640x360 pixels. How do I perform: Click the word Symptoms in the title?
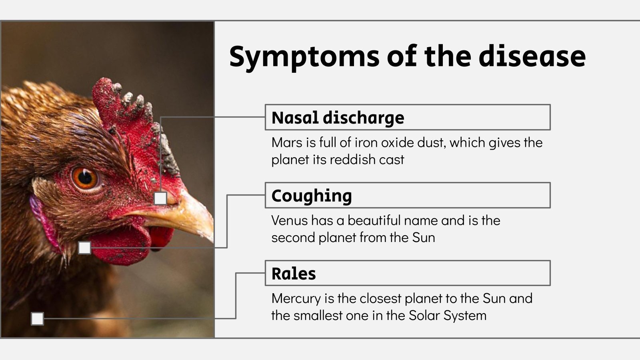(304, 57)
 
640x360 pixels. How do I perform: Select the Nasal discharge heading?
(338, 118)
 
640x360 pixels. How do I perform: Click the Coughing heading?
(312, 196)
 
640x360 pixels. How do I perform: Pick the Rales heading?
(294, 274)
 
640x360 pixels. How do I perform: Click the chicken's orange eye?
(85, 178)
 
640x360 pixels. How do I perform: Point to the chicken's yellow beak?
(188, 214)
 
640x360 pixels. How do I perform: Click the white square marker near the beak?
(160, 198)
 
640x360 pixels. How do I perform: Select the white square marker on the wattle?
(84, 248)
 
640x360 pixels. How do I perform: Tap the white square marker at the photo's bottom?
(37, 319)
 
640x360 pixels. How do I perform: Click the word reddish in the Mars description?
(348, 160)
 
